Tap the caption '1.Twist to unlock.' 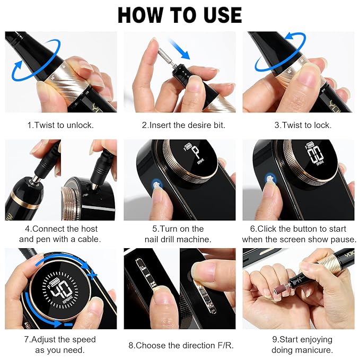tap(60, 126)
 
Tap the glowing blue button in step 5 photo tap(156, 183)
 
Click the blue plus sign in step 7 tap(94, 275)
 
